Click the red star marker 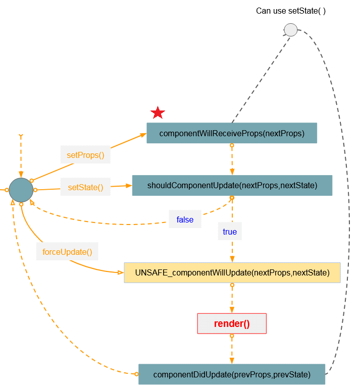(x=158, y=113)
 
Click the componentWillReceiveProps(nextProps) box (x=232, y=133)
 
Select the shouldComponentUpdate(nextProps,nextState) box (x=232, y=185)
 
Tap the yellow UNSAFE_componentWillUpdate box (x=232, y=272)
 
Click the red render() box (x=232, y=323)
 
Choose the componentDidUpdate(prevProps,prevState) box (x=232, y=374)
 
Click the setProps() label (x=85, y=155)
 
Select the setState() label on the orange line (x=85, y=187)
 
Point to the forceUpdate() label (x=67, y=252)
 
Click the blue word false (x=185, y=219)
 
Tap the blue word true (x=230, y=232)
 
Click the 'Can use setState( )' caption (x=291, y=11)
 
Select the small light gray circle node (x=291, y=30)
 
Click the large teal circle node (x=21, y=190)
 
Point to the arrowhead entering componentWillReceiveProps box (x=143, y=135)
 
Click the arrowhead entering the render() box (x=232, y=310)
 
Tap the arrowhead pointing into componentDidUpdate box (x=232, y=361)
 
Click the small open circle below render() (x=232, y=336)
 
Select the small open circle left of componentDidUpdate (x=136, y=374)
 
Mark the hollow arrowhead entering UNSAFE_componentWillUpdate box (x=121, y=272)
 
